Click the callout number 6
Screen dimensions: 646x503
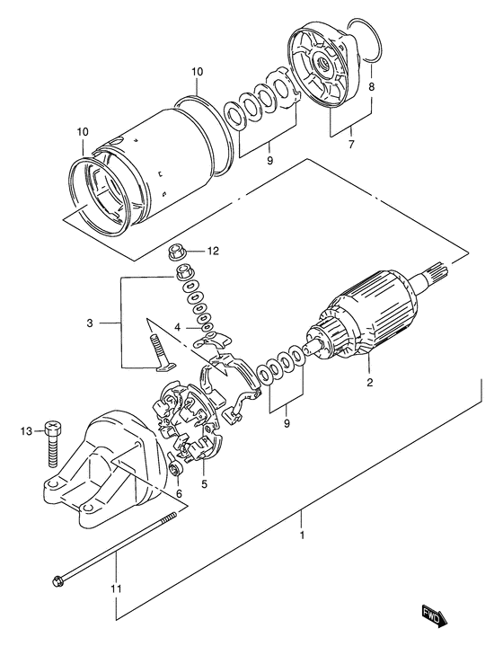(178, 493)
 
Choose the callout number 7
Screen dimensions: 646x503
(351, 142)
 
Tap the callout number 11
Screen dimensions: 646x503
(117, 588)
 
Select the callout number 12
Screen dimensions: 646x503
(213, 251)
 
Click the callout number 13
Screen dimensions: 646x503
(26, 431)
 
